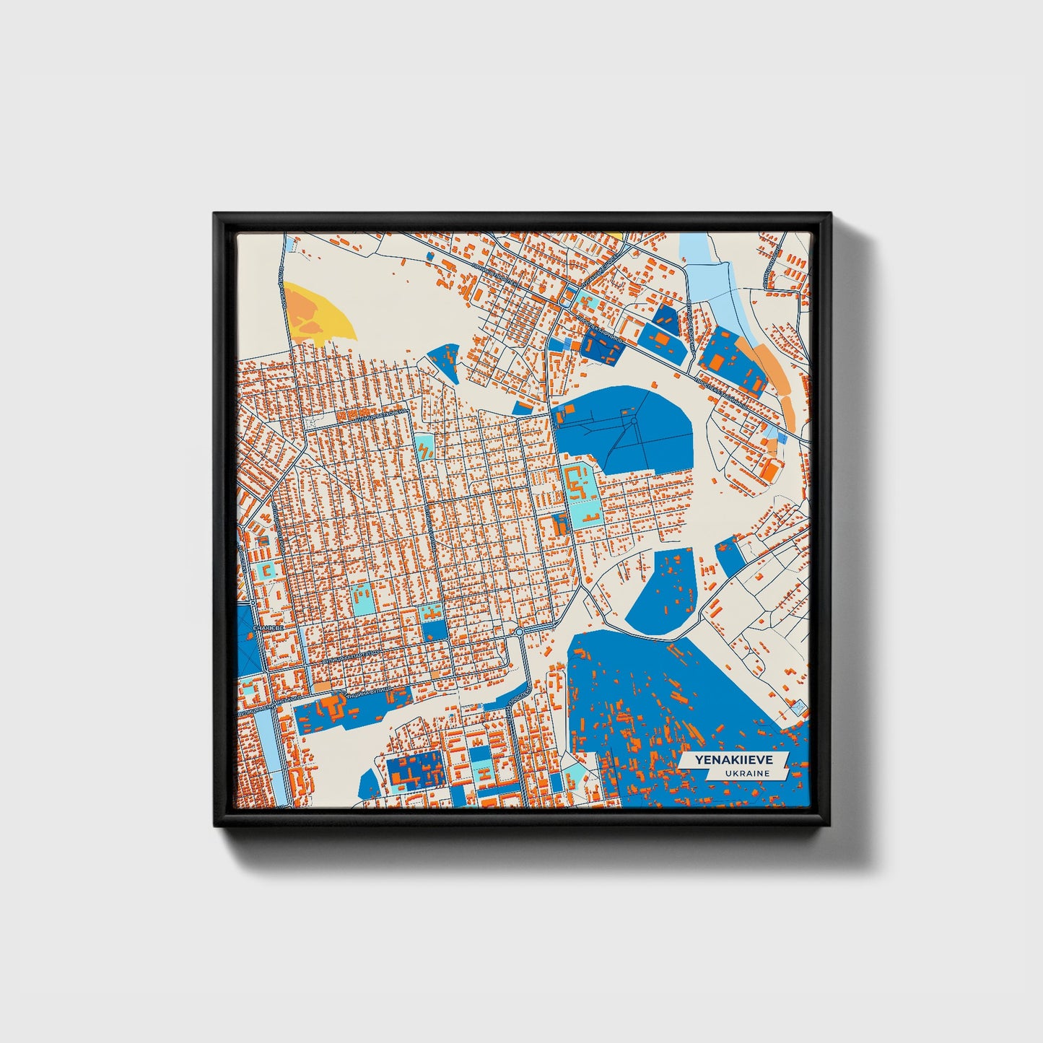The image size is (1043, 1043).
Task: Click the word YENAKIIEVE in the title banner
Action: tap(732, 759)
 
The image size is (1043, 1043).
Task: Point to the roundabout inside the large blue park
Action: tap(633, 420)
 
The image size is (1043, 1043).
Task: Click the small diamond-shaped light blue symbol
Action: tap(798, 709)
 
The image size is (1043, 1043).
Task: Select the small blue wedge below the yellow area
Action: tap(445, 359)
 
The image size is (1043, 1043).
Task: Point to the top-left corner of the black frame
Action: tap(214, 214)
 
